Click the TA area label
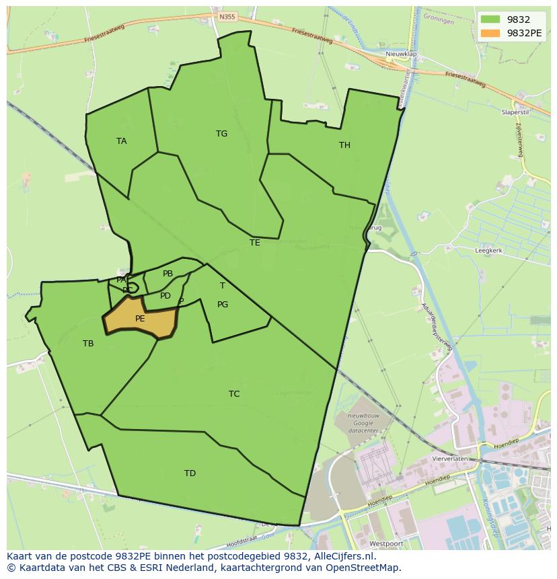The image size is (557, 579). click(x=121, y=141)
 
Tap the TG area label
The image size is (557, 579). click(x=221, y=134)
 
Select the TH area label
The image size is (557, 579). click(x=344, y=145)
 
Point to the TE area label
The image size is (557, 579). click(x=254, y=243)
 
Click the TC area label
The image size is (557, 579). click(x=234, y=394)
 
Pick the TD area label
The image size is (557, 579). click(x=190, y=473)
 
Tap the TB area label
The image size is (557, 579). click(x=88, y=344)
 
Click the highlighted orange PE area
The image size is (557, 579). click(x=140, y=319)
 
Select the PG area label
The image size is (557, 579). click(x=223, y=305)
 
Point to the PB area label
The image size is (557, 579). click(x=168, y=274)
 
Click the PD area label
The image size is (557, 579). click(x=165, y=296)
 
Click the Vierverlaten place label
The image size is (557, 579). click(x=450, y=459)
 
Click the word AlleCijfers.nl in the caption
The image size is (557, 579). click(x=339, y=556)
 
